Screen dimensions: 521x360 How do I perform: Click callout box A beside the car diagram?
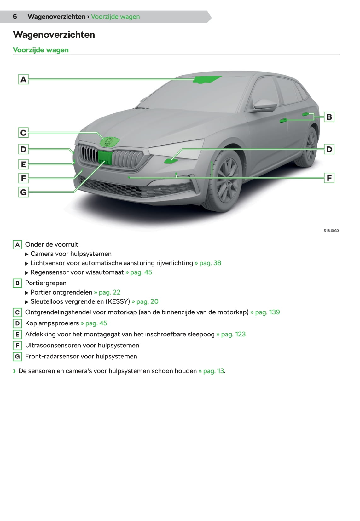[x=23, y=79]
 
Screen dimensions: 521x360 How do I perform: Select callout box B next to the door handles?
[x=329, y=117]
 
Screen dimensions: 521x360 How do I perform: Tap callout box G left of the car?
[x=23, y=192]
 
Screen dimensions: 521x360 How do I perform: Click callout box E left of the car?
[x=23, y=164]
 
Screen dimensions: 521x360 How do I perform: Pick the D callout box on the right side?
[x=329, y=149]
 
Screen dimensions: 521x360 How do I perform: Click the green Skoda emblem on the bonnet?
[x=109, y=142]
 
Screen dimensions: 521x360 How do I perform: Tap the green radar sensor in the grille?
[x=105, y=157]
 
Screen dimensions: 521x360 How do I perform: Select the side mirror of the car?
[x=264, y=105]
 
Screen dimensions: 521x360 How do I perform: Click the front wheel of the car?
[x=227, y=180]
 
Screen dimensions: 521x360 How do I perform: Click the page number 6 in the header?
[x=15, y=17]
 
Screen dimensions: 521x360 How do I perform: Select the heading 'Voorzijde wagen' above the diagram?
[x=41, y=50]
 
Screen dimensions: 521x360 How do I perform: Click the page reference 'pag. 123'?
[x=233, y=334]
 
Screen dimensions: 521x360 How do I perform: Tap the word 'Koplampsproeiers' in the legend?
[x=52, y=323]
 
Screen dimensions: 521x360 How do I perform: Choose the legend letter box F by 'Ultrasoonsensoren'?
[x=17, y=346]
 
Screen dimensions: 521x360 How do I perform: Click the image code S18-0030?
[x=331, y=231]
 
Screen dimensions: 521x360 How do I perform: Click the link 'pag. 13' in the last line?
[x=213, y=371]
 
